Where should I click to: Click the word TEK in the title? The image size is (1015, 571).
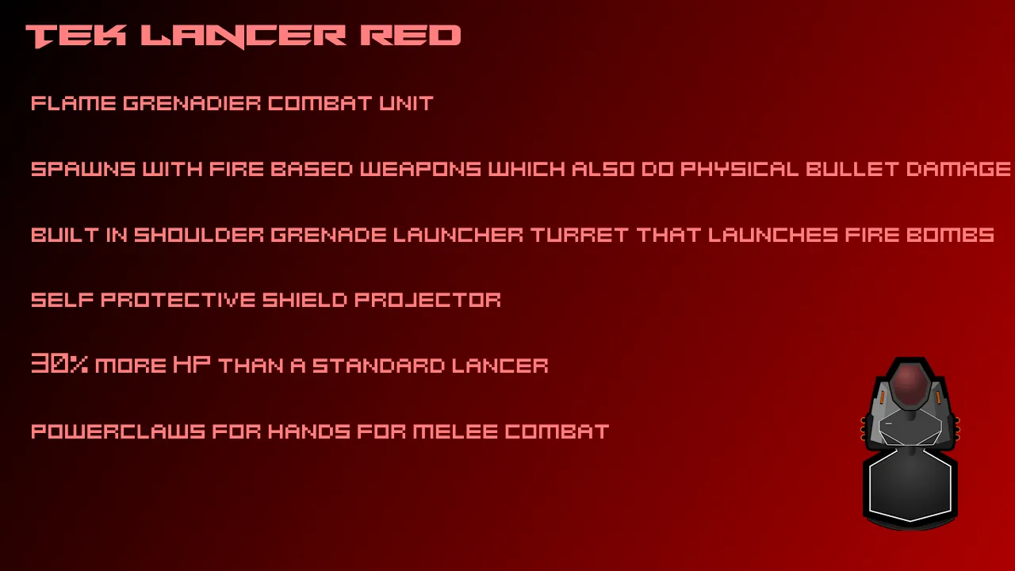coord(76,36)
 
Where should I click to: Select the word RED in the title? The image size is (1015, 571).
coord(411,36)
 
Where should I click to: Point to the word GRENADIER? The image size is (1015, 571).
coord(192,103)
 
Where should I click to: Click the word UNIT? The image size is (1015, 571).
coord(407,103)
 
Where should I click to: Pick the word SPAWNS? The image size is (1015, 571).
coord(83,169)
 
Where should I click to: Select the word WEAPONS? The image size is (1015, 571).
coord(420,169)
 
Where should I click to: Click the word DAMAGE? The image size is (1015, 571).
coord(959,169)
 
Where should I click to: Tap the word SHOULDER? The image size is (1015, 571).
coord(199,235)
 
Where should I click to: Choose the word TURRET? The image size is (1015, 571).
coord(580,235)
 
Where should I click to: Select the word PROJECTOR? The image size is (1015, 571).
coord(427,300)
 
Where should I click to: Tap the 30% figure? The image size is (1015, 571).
coord(59,363)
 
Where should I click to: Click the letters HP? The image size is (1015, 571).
coord(192,364)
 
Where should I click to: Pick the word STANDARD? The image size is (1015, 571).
coord(378,366)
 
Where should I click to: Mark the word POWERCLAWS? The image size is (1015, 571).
coord(118,431)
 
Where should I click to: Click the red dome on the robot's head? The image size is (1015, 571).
coord(910,386)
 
